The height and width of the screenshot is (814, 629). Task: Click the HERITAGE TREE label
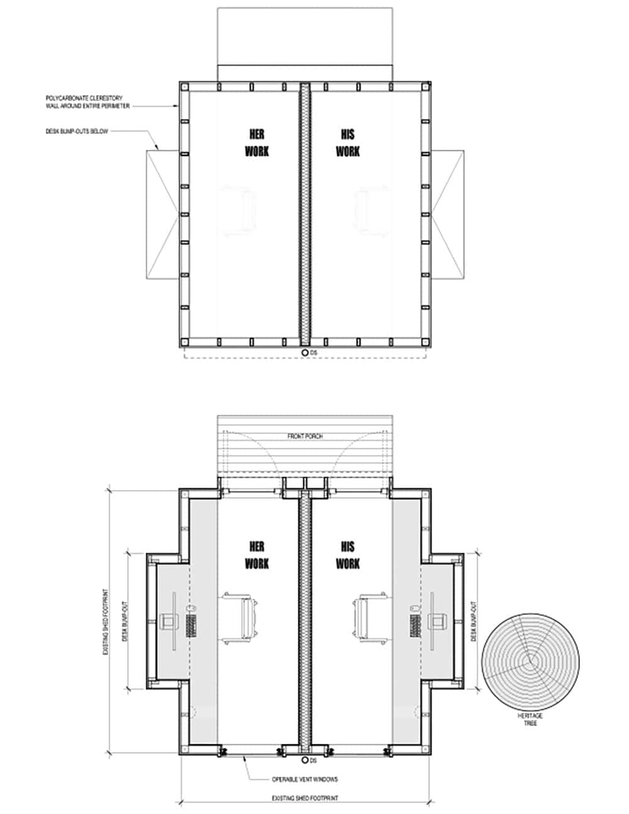[530, 720]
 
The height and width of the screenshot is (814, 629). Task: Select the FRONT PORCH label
[305, 436]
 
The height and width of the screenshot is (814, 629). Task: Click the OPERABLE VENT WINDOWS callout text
[305, 779]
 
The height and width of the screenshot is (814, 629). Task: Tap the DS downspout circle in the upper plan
[304, 353]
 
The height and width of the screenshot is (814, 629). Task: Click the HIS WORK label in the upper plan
[348, 143]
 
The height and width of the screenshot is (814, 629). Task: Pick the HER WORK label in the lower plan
[257, 554]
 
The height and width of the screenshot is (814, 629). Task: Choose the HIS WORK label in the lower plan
[348, 554]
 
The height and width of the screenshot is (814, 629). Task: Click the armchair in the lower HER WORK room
[242, 617]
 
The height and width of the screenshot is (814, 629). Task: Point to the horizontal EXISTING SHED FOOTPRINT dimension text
[305, 798]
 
